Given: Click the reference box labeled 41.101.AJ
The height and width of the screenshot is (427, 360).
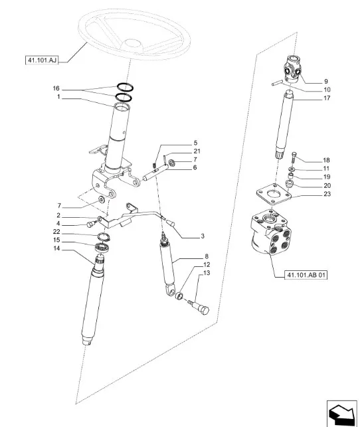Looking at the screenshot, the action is (x=42, y=60).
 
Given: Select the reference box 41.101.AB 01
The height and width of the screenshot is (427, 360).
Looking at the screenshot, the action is (x=306, y=275).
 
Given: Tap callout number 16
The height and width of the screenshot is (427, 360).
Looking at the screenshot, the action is (x=56, y=88).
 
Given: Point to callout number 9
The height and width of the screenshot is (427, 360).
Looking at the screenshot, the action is (x=326, y=82).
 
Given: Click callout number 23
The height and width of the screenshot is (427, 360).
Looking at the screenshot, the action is (x=327, y=194).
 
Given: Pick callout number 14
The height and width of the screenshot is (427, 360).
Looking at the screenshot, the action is (x=56, y=248).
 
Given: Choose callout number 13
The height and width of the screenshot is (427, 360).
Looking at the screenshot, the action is (x=207, y=273).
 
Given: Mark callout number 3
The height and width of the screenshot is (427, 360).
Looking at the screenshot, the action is (x=203, y=236).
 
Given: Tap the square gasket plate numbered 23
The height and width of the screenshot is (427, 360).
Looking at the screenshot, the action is (x=274, y=194).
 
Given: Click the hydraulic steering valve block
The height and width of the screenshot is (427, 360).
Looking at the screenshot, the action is (x=270, y=232).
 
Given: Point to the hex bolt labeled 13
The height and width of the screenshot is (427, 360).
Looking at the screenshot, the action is (x=200, y=307).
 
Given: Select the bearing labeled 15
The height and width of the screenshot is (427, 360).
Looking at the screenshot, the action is (x=102, y=247).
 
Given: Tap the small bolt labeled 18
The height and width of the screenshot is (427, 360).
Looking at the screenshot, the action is (x=294, y=157).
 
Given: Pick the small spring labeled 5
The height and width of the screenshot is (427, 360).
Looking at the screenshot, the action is (x=154, y=166).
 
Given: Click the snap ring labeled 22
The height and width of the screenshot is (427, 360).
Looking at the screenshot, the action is (x=104, y=236).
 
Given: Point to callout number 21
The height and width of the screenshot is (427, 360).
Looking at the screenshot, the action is (x=197, y=151).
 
